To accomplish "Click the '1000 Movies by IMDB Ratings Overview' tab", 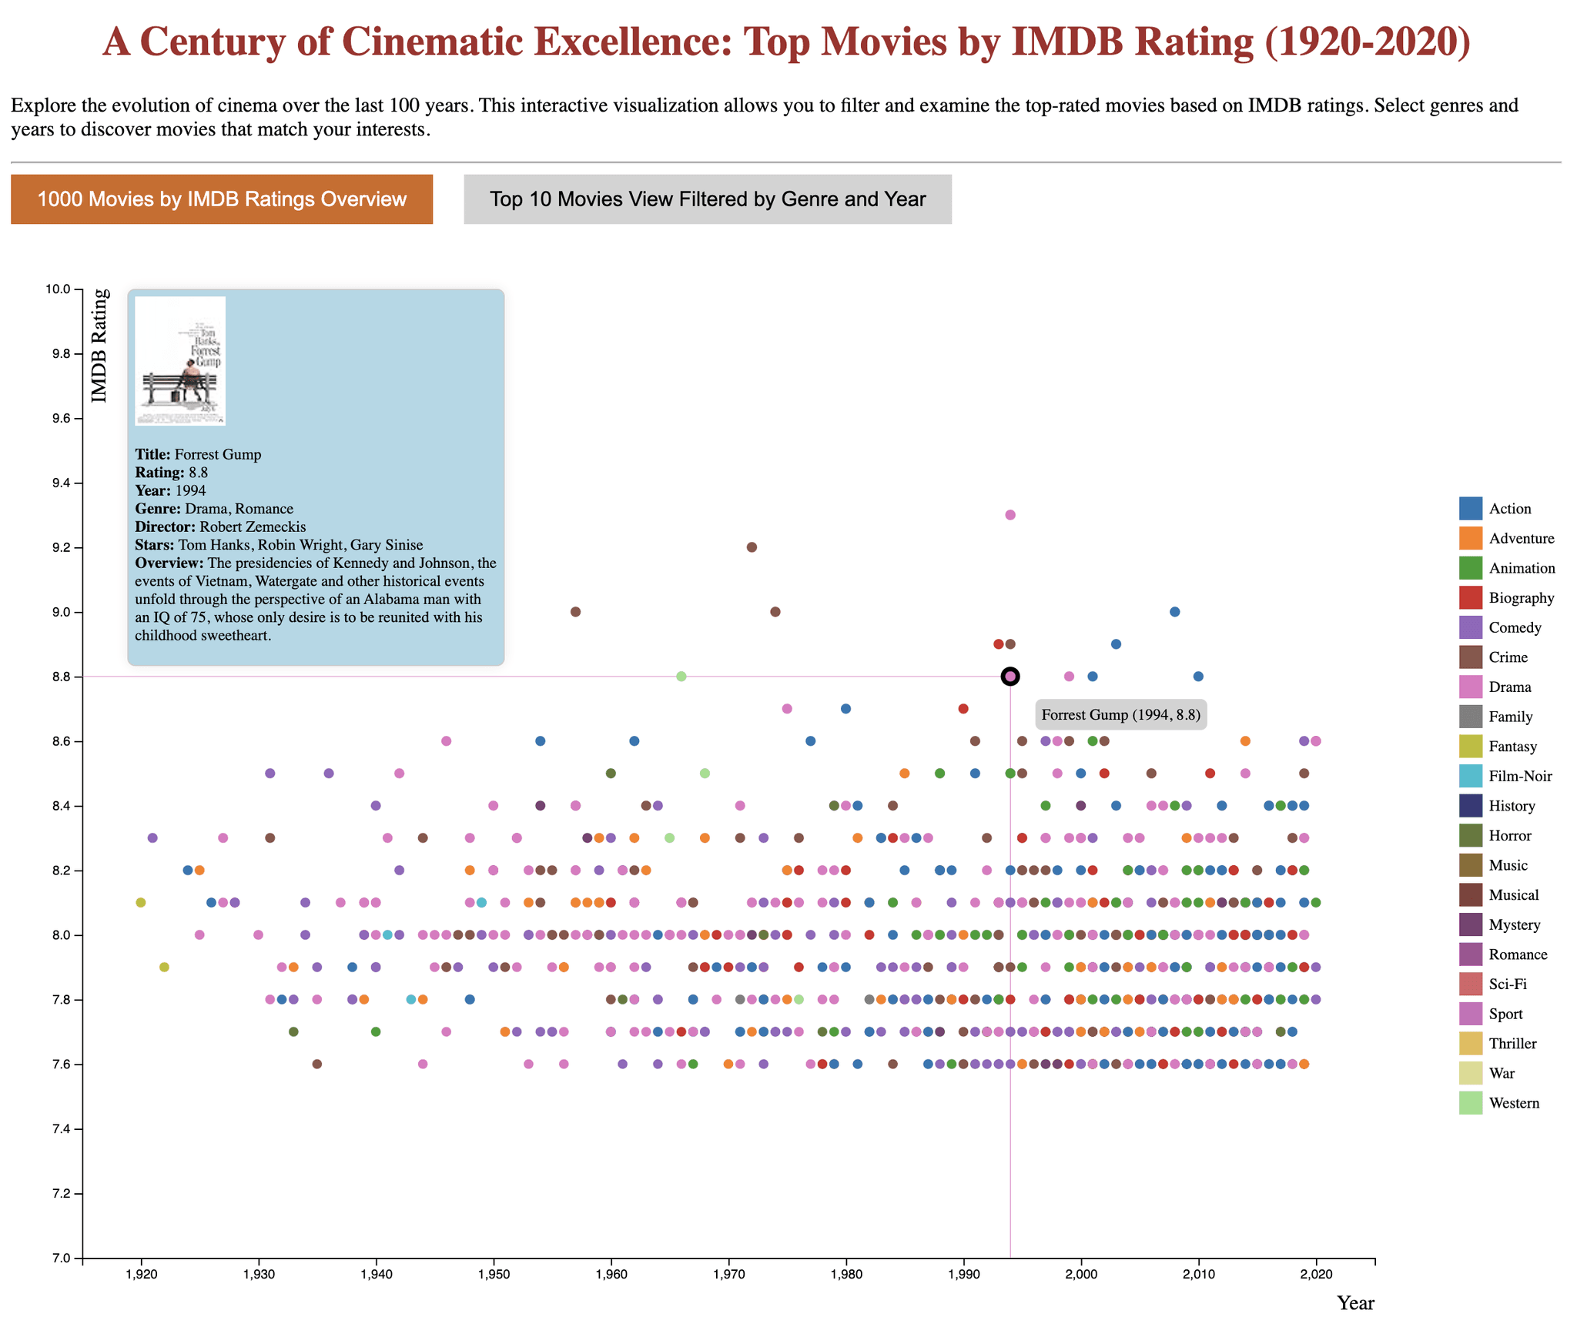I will click(222, 199).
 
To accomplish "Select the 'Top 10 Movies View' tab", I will click(708, 199).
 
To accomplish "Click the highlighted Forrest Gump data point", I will click(1010, 677).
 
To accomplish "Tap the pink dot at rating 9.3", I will click(1010, 515).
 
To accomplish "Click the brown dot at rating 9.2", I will click(752, 547).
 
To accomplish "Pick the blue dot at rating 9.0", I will click(1174, 612).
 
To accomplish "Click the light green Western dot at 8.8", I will click(681, 677).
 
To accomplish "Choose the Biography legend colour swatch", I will click(1472, 597).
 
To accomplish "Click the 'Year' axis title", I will click(1355, 1303).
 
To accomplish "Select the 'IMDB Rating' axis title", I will click(99, 346).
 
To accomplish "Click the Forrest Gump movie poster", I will click(180, 360).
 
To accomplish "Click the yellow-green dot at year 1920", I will click(140, 902).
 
